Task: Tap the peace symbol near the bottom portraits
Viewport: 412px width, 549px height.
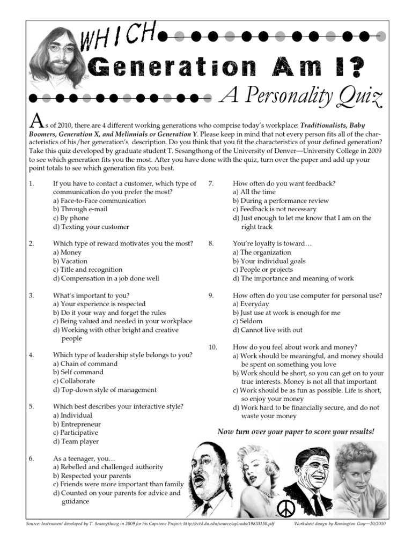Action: click(285, 507)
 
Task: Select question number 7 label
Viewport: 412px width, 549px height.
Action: click(211, 183)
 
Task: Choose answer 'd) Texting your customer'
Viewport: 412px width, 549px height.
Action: click(91, 227)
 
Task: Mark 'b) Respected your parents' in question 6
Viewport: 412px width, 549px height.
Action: click(92, 476)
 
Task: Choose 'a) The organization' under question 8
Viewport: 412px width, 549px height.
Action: click(262, 252)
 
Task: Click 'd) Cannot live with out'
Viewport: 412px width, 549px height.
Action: click(267, 330)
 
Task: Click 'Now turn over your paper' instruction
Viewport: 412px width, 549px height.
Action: click(296, 432)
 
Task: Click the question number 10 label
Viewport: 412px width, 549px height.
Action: click(213, 347)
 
